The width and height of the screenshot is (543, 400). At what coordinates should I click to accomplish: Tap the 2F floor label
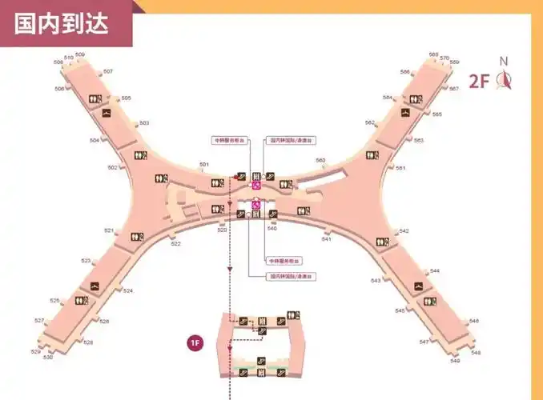coord(479,81)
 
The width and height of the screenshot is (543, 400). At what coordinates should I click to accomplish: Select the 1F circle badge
coord(195,343)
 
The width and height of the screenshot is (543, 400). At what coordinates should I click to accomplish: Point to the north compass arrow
coord(505,78)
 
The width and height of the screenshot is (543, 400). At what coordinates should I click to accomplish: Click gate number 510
coord(68,58)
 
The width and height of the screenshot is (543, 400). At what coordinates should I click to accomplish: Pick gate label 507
coord(108,72)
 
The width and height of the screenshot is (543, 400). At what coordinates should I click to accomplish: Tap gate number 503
coord(144,123)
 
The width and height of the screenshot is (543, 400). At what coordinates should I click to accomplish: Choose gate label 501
coord(204,165)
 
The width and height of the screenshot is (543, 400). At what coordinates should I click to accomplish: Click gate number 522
coord(176,243)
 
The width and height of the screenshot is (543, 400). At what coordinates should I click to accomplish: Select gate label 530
coord(48,357)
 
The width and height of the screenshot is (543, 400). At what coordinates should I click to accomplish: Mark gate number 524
coord(128,290)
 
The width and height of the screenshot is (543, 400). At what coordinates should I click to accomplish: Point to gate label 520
coord(223,230)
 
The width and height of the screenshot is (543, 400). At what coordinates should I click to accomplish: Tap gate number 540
coord(272,229)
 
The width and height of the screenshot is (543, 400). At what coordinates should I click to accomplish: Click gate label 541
coord(327,239)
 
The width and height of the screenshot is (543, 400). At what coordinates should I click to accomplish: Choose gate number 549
coord(455,361)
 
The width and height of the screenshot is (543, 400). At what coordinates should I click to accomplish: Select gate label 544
coord(435,271)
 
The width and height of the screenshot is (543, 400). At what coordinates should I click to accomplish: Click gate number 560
coord(320,161)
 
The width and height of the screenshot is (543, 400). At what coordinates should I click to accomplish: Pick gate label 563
coord(419,140)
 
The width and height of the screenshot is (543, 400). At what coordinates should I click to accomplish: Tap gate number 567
coord(454,89)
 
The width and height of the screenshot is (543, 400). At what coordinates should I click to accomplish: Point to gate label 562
coord(370,122)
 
